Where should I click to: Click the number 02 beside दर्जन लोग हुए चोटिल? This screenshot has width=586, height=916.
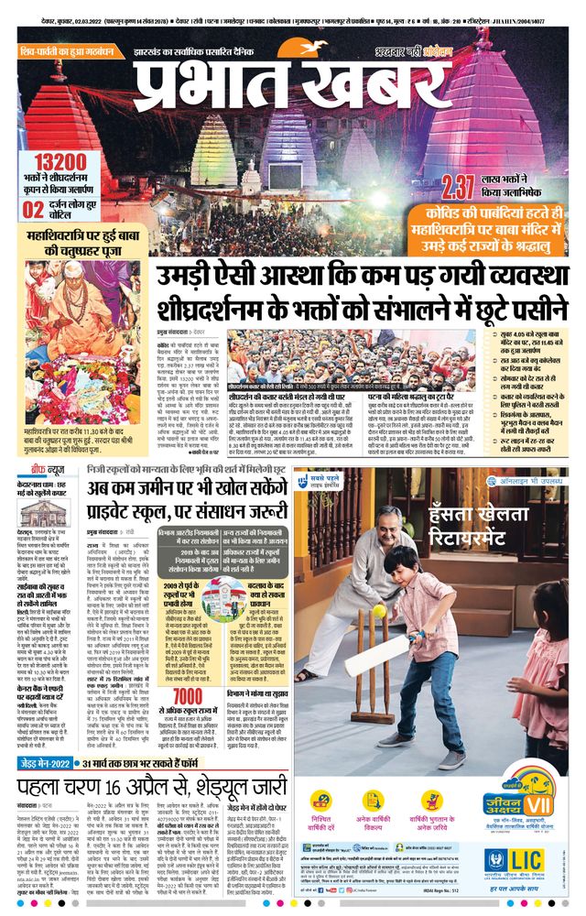(x=33, y=183)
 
